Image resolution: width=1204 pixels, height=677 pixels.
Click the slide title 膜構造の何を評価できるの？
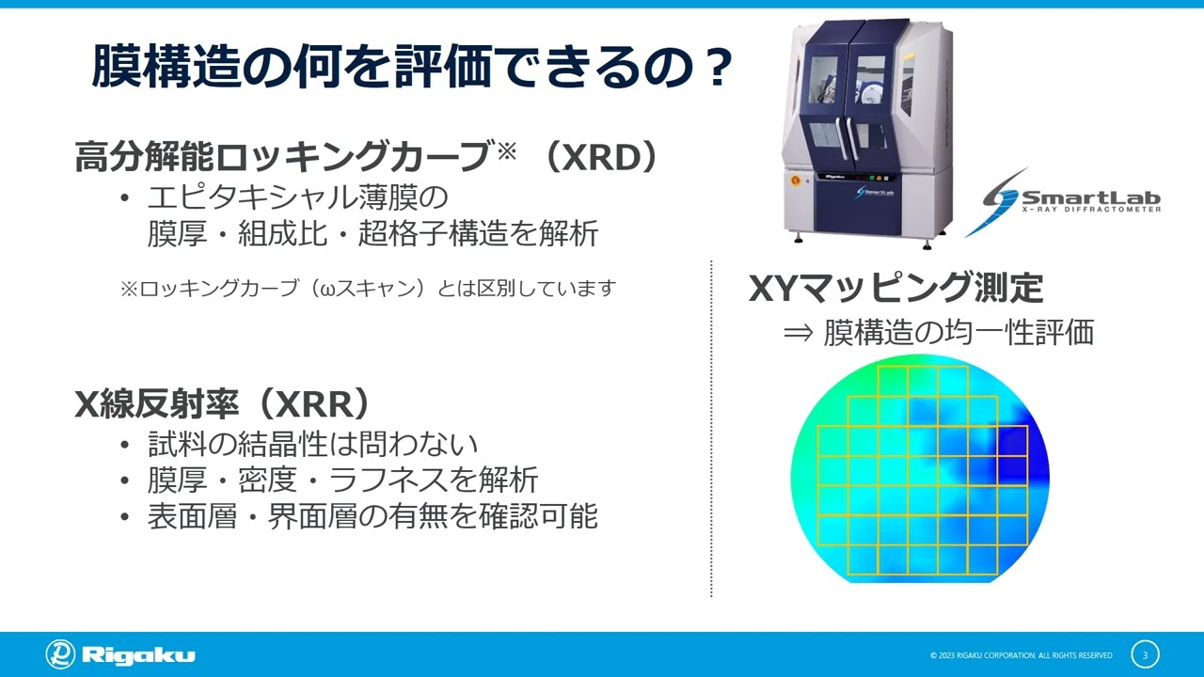tap(411, 68)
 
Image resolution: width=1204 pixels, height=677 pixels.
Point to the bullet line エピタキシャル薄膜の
tap(296, 198)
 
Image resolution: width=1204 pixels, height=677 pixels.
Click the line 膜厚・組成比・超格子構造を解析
tap(372, 233)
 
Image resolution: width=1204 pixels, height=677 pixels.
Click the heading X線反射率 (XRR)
tap(223, 403)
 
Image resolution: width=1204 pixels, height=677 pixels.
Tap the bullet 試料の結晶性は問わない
tap(313, 444)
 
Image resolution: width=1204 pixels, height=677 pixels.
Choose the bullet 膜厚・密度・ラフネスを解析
tap(342, 480)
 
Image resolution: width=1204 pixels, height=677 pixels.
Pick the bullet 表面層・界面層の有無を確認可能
tap(372, 515)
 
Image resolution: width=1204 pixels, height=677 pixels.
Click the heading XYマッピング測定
tap(895, 288)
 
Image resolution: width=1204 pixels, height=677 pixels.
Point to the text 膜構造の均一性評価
tap(958, 332)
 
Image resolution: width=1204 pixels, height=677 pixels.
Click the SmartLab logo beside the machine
tap(1063, 199)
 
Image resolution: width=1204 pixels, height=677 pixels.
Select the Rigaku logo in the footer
tap(120, 654)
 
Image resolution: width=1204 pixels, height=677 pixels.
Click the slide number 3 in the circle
tap(1145, 654)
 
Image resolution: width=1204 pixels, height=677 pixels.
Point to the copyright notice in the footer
tap(1021, 655)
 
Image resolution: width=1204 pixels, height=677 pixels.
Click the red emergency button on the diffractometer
tap(795, 178)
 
